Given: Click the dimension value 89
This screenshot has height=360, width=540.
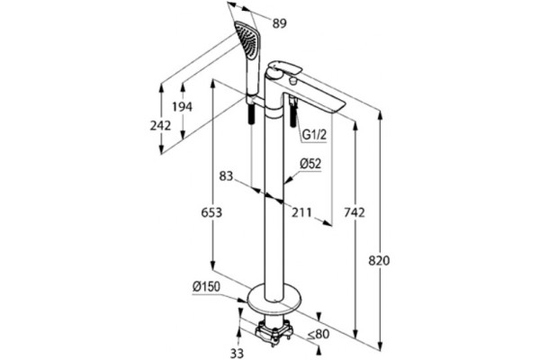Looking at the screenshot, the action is pyautogui.click(x=279, y=23).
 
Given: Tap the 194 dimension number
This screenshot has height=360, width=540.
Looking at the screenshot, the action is pyautogui.click(x=182, y=107).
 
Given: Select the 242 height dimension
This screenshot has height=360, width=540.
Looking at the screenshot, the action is pyautogui.click(x=160, y=125).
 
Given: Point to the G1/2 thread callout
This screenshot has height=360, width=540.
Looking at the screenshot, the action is pyautogui.click(x=314, y=135).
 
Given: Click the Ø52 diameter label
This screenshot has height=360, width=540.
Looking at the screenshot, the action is pyautogui.click(x=310, y=164).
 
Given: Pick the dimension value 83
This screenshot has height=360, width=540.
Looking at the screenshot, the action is pyautogui.click(x=226, y=176).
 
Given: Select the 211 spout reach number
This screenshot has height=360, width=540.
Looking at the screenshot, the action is pyautogui.click(x=301, y=212).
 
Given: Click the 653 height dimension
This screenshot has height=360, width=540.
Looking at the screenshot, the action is pyautogui.click(x=211, y=212).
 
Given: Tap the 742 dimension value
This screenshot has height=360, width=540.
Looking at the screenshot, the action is pyautogui.click(x=355, y=212).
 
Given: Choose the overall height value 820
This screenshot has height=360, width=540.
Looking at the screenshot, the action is pyautogui.click(x=379, y=260).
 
